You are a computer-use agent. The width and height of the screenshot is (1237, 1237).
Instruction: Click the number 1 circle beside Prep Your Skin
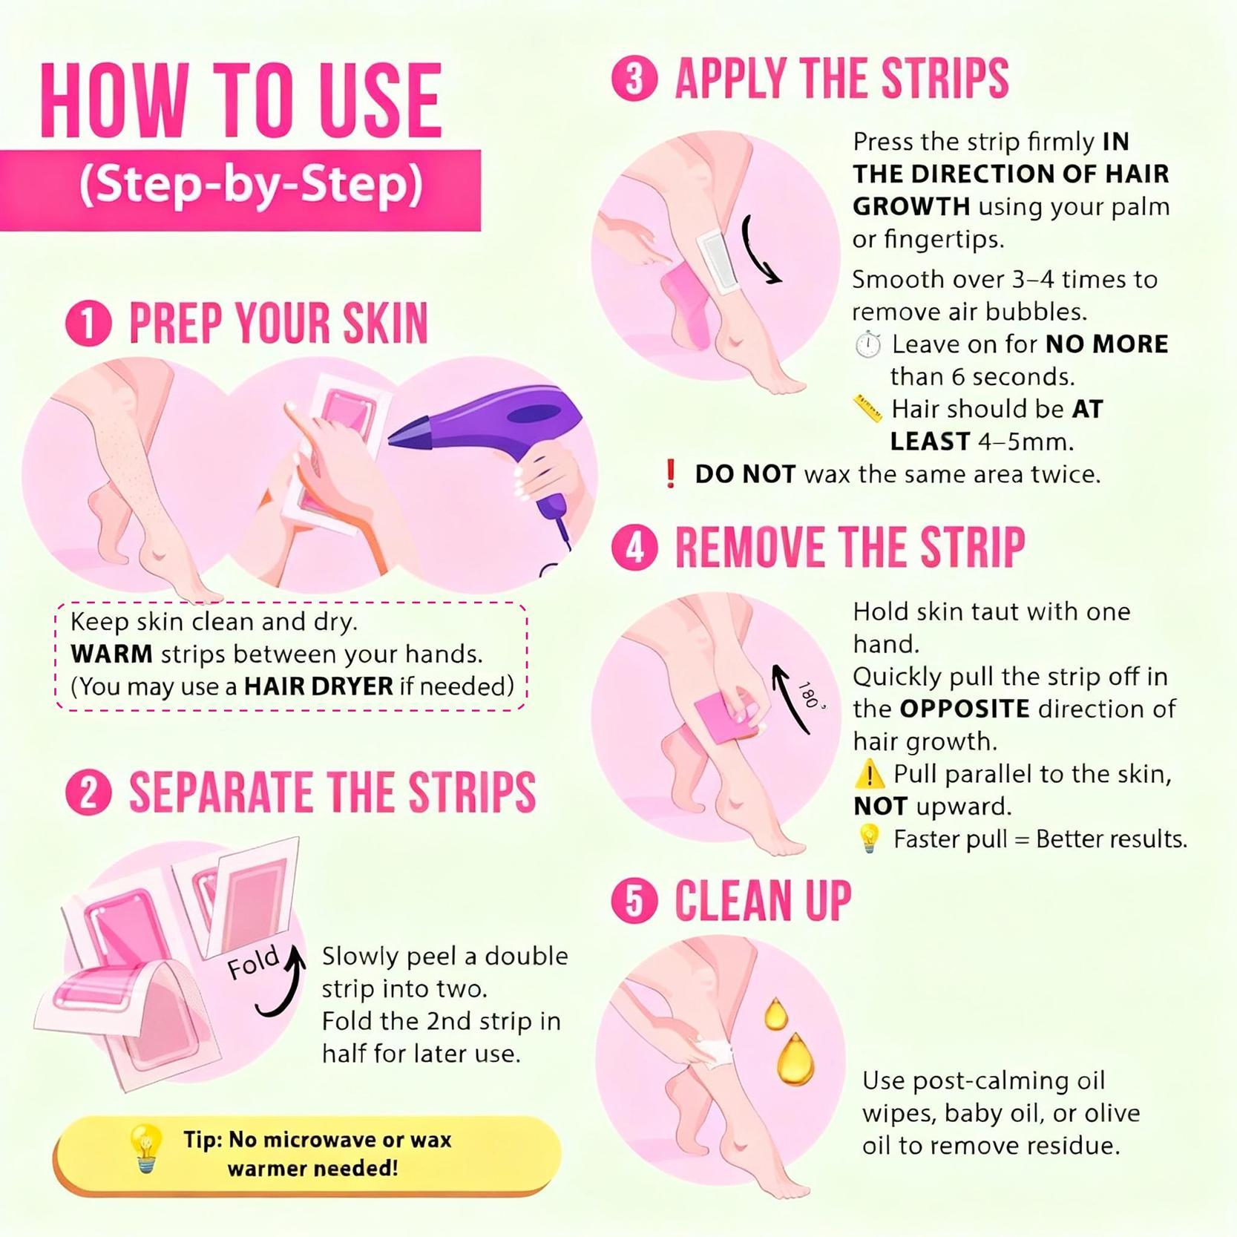click(88, 324)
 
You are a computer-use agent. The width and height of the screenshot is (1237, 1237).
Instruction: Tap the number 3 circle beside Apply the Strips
click(634, 79)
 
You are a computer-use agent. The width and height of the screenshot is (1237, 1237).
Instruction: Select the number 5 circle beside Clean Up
click(634, 902)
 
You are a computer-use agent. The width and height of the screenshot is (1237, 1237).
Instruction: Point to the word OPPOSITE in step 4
click(964, 709)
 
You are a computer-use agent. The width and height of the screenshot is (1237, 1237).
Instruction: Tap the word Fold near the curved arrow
click(253, 962)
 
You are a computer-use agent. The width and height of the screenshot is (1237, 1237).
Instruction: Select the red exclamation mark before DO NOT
click(670, 473)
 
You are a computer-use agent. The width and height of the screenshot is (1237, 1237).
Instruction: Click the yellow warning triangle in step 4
click(869, 775)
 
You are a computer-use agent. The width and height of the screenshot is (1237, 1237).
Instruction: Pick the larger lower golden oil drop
click(795, 1060)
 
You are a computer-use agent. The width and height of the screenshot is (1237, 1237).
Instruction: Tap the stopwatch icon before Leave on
click(867, 345)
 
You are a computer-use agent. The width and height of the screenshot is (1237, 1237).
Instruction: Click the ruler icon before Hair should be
click(867, 409)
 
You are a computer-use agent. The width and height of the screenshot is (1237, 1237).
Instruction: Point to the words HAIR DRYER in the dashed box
click(318, 686)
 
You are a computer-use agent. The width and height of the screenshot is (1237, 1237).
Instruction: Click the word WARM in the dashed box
click(111, 654)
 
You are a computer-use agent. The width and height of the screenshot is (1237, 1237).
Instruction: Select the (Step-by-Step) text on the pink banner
click(251, 185)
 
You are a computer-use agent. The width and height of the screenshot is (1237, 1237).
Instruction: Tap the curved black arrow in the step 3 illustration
click(758, 250)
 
